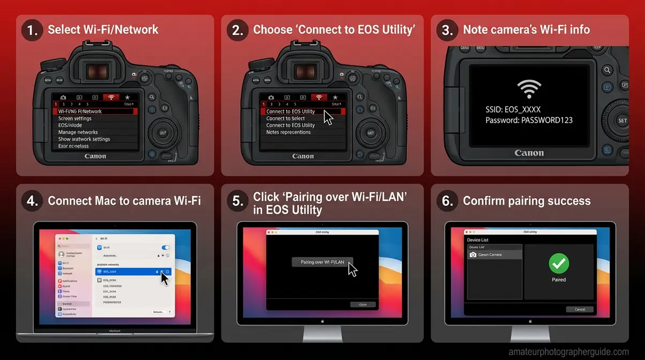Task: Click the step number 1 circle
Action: (x=33, y=30)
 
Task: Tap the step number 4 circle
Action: (x=33, y=201)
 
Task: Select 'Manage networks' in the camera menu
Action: (x=78, y=132)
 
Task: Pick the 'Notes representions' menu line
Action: (x=288, y=132)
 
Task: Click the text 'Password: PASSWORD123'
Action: (x=529, y=120)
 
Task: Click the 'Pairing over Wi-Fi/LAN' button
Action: (x=322, y=262)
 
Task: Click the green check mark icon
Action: (x=559, y=263)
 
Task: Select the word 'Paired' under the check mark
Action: (x=559, y=280)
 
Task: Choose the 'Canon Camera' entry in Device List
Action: (x=494, y=254)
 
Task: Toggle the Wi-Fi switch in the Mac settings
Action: (x=166, y=247)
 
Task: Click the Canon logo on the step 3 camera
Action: (x=529, y=153)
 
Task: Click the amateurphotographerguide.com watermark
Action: (x=569, y=352)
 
